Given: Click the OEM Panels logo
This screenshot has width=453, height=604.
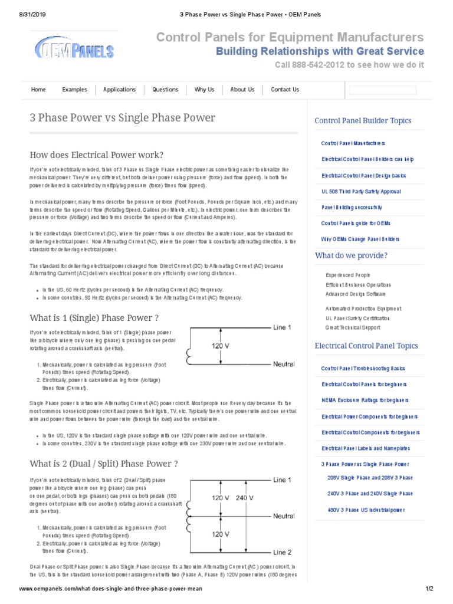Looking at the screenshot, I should (x=74, y=48).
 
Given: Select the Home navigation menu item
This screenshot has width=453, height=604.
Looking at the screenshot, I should (x=38, y=90).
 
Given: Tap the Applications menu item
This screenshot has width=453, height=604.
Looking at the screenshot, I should (x=119, y=90).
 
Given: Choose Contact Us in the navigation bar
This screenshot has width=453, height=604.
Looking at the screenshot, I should (x=285, y=90).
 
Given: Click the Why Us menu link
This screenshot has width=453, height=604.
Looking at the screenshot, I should (x=204, y=90).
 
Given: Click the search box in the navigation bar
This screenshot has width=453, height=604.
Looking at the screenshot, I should (x=383, y=90).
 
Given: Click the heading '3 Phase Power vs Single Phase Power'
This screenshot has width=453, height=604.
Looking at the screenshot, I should (x=123, y=117).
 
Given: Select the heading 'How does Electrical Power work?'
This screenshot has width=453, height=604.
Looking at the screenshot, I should (x=97, y=155).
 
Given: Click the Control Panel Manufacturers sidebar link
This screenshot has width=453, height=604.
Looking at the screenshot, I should (x=353, y=143).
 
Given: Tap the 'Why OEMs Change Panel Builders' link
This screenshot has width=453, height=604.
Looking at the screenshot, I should (x=360, y=239).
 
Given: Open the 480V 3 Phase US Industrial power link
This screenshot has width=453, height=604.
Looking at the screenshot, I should (x=366, y=510).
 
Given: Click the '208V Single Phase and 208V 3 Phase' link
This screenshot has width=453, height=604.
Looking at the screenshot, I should (x=370, y=478).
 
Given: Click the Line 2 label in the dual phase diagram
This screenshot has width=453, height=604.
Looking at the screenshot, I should (x=282, y=552).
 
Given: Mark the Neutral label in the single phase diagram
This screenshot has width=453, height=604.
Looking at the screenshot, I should (x=284, y=365).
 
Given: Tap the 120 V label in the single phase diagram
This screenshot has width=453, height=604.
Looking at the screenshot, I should (x=221, y=346).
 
